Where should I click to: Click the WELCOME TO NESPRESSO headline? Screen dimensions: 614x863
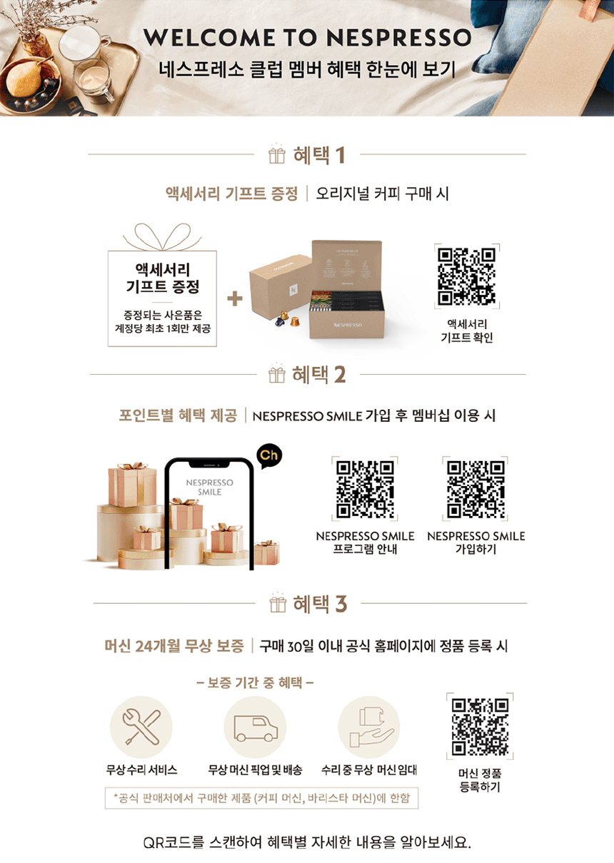coord(307,37)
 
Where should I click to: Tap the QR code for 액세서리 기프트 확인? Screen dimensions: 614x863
coord(466,276)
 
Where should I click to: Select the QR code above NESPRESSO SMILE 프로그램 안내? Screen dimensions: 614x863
coord(365,489)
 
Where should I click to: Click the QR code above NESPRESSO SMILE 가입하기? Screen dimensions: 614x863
coord(475,489)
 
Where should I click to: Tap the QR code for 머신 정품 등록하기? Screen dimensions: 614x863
coord(480,727)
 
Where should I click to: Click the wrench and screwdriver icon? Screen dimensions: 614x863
coord(141,727)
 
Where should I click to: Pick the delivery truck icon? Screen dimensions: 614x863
coord(256,729)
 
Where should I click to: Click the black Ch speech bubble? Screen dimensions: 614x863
coord(269,456)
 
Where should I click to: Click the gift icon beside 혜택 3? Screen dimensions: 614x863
coord(278,602)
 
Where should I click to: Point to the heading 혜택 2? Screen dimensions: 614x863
coord(318,375)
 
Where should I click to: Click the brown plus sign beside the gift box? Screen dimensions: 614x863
coord(235,298)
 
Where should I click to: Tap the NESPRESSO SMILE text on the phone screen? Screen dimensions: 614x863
coord(209,487)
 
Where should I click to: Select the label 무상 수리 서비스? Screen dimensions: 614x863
coord(141,770)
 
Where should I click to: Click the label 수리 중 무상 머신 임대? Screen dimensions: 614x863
coord(369,770)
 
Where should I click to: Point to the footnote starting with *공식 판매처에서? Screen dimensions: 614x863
coord(262,798)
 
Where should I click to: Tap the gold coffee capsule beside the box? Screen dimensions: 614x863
coord(294,321)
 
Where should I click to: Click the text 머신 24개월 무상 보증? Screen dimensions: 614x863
coord(174,646)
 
